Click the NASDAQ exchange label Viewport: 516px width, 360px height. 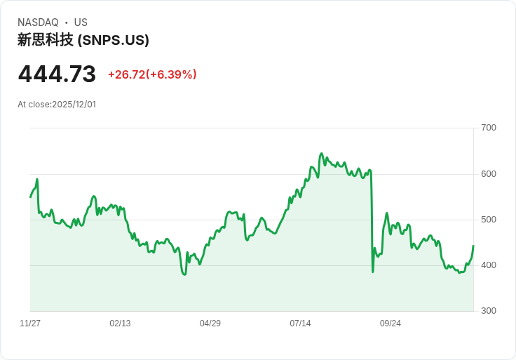[38, 22]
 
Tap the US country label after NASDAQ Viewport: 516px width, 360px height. [81, 22]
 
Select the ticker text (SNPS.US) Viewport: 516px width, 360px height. [113, 41]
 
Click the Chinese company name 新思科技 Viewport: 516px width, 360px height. [46, 41]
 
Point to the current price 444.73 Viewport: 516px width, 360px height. [57, 74]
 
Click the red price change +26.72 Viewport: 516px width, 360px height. [126, 74]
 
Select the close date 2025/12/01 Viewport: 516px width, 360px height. [74, 105]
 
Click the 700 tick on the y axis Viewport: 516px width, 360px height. [488, 128]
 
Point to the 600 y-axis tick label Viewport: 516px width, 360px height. [488, 174]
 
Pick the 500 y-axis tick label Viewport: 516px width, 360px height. [488, 220]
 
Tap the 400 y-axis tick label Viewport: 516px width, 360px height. [488, 265]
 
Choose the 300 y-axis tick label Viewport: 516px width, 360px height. [488, 311]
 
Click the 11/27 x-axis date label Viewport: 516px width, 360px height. [30, 324]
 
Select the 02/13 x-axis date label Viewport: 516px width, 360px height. [120, 324]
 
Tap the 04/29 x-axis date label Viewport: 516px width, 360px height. [210, 324]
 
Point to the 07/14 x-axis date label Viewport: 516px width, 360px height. [300, 324]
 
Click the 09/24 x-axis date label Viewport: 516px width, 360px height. [391, 324]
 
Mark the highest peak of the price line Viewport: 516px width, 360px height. [321, 153]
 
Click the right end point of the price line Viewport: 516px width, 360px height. [473, 246]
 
